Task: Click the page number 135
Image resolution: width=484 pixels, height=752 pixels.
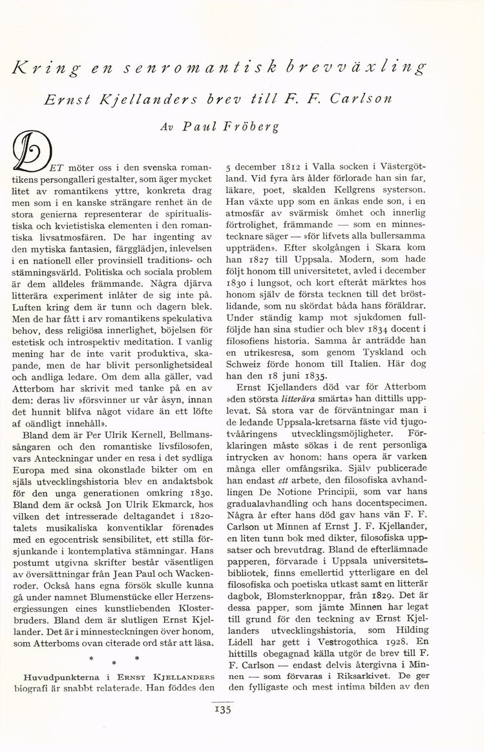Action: (x=224, y=709)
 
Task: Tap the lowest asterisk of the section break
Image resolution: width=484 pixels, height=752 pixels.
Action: (x=114, y=663)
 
